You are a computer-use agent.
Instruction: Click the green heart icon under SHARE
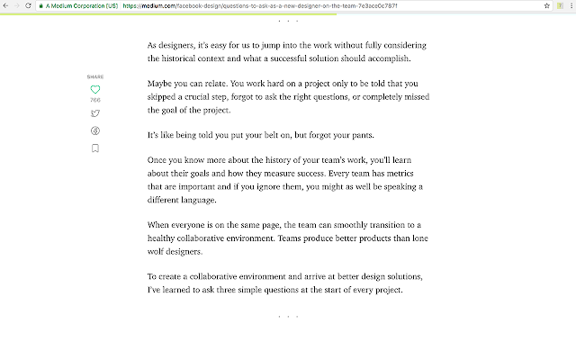click(x=95, y=89)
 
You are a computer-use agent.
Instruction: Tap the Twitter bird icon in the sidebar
click(x=95, y=112)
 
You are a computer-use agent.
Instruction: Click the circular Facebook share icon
click(x=95, y=130)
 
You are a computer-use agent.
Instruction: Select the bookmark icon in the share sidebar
click(x=95, y=148)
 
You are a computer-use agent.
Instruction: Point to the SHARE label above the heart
click(x=95, y=77)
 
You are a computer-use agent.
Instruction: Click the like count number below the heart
click(x=95, y=100)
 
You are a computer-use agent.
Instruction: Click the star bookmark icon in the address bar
click(x=548, y=5)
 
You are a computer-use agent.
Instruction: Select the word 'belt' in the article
click(x=256, y=136)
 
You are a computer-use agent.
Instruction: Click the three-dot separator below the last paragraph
click(x=288, y=317)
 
